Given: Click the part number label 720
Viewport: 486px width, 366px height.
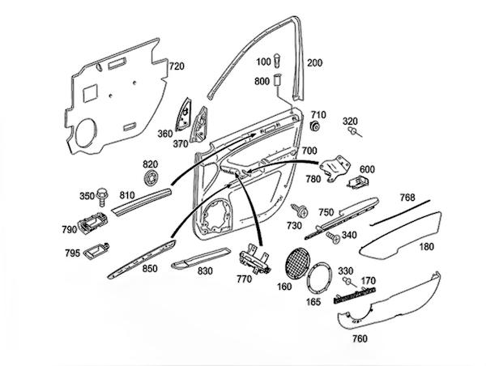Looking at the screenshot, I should pos(176,66).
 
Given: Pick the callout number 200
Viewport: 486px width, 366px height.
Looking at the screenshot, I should pos(314,62).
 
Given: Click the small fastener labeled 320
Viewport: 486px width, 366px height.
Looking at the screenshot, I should pos(355,134).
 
